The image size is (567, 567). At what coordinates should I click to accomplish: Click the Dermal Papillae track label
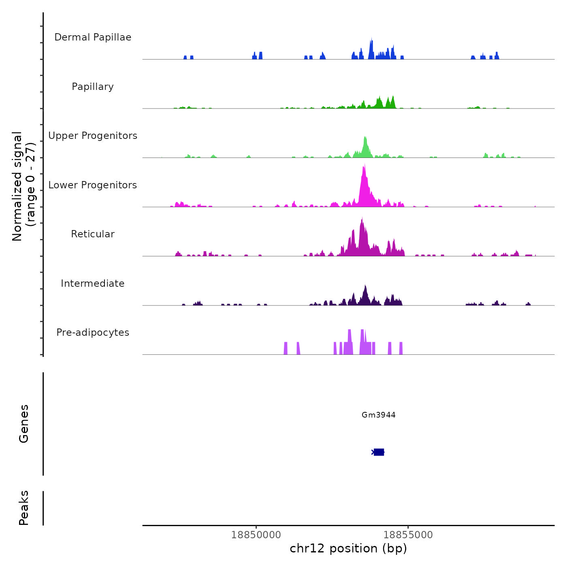(93, 37)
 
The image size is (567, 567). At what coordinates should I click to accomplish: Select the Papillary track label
(93, 87)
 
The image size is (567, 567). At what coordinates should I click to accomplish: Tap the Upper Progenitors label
(93, 136)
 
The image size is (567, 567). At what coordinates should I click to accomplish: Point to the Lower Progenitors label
(93, 185)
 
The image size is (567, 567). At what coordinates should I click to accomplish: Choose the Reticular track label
(93, 234)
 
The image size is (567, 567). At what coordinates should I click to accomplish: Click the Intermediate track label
(93, 283)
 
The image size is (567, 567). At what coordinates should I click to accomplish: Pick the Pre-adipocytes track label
(93, 333)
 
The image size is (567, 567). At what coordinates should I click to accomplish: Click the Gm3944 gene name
(378, 415)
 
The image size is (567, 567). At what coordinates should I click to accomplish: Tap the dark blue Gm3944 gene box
(379, 452)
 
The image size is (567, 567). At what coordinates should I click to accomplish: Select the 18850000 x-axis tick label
(256, 535)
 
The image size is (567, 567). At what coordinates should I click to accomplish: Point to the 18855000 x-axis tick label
(408, 535)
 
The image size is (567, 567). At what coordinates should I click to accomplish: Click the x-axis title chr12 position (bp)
(348, 548)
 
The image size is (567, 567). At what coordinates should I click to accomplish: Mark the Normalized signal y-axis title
(23, 186)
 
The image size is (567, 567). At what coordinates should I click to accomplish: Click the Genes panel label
(23, 424)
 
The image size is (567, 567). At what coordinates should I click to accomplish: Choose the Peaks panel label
(23, 508)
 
